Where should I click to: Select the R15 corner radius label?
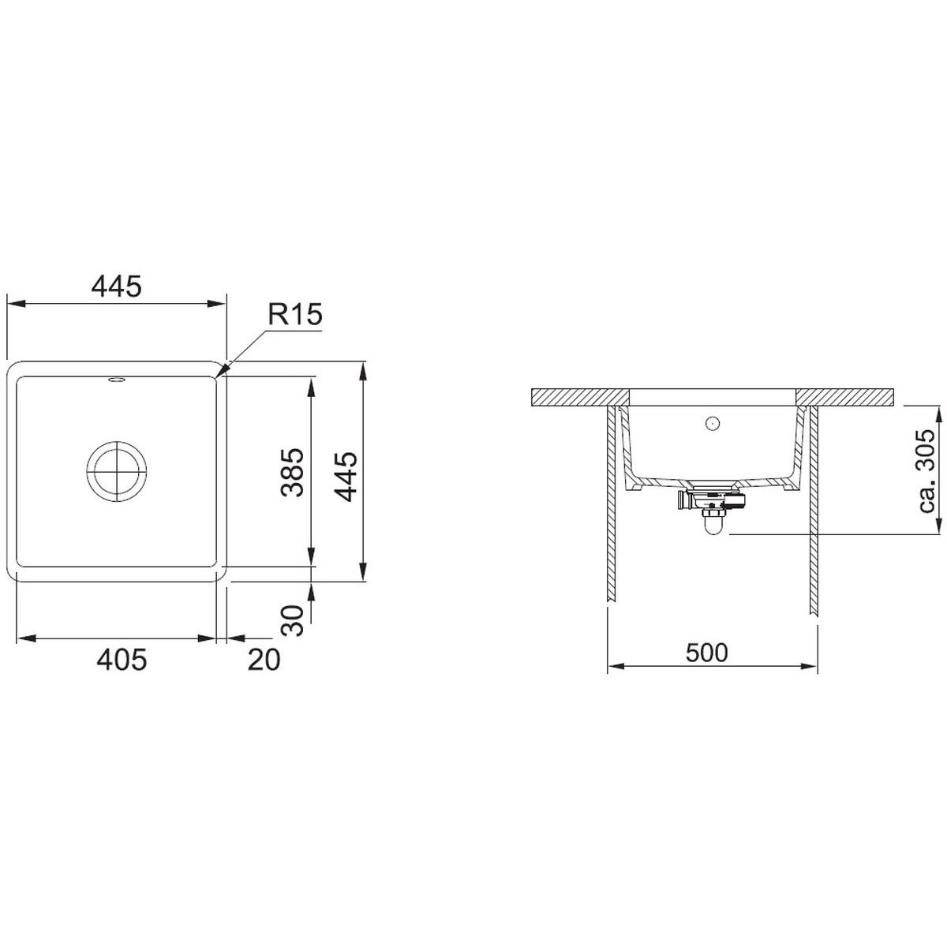click(295, 314)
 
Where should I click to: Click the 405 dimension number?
click(122, 660)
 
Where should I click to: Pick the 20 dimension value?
click(264, 660)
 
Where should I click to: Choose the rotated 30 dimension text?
click(294, 621)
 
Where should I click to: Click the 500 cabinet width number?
click(706, 653)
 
